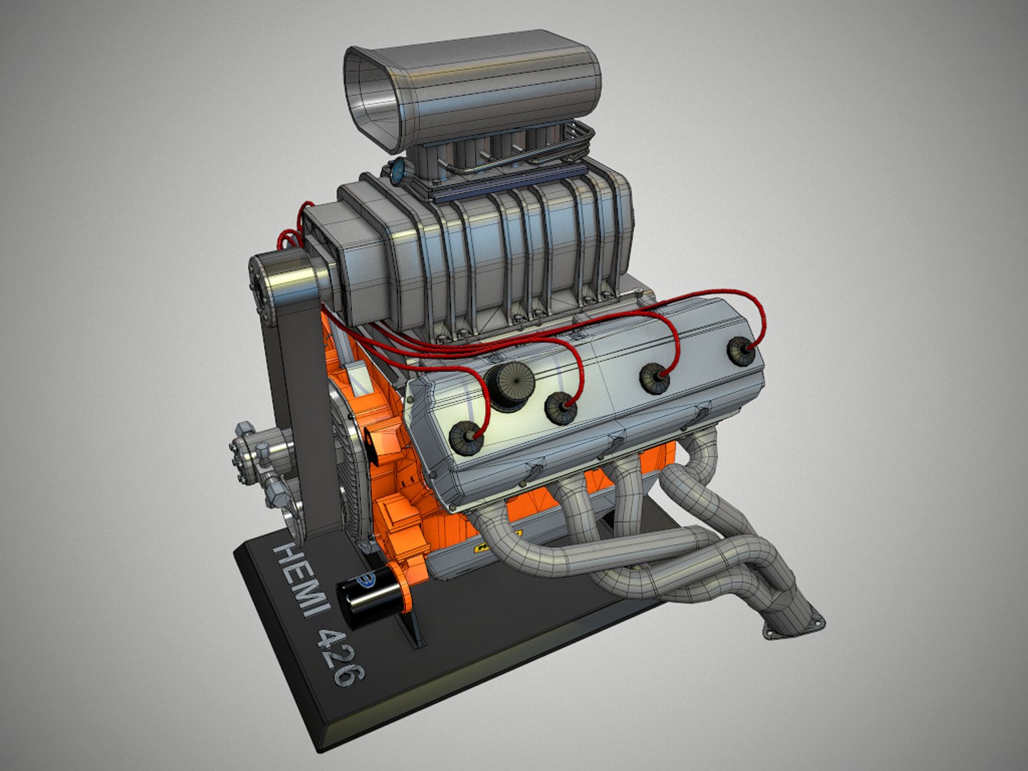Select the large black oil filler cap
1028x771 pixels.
(x=510, y=387)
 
